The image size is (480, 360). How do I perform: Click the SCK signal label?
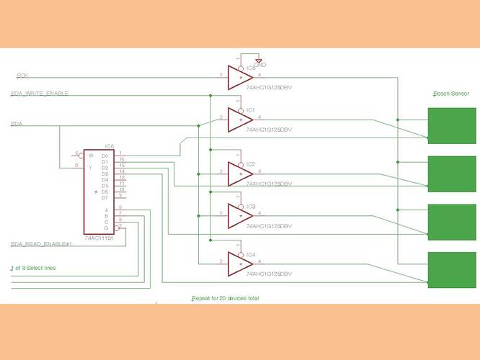[x=22, y=75]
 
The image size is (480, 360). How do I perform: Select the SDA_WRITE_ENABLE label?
[x=40, y=94]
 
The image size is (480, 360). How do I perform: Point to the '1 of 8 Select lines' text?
[x=33, y=268]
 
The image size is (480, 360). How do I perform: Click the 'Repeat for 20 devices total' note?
[x=225, y=297]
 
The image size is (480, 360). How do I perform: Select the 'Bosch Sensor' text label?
[x=450, y=94]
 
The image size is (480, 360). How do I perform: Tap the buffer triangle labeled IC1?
[x=239, y=119]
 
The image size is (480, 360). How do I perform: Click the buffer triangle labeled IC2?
[x=239, y=173]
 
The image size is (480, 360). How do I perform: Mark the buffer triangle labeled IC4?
[x=239, y=263]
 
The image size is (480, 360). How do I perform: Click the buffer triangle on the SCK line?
[x=239, y=76]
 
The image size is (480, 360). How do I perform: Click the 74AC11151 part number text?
[x=100, y=237]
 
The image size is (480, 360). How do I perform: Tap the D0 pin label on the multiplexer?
[x=105, y=156]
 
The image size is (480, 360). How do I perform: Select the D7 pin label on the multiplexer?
[x=105, y=197]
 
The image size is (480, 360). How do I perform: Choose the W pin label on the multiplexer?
[x=91, y=156]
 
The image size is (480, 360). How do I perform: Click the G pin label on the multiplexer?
[x=107, y=228]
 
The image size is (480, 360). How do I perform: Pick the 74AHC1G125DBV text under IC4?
[x=269, y=274]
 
